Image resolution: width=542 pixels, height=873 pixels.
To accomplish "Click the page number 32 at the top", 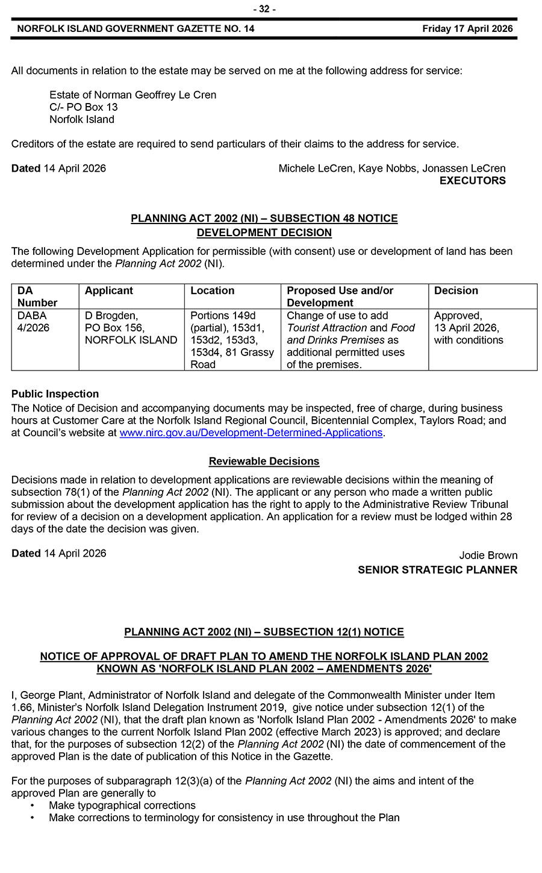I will tap(264, 9).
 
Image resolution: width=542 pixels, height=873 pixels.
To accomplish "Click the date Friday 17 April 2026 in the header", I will tap(467, 28).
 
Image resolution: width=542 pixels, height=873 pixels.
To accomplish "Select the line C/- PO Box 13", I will tap(84, 107).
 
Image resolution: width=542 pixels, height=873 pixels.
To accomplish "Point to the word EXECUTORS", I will tap(472, 181).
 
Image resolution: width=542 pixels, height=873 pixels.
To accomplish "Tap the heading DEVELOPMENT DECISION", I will tap(264, 233).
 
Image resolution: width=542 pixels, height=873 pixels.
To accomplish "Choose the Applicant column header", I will tap(109, 291).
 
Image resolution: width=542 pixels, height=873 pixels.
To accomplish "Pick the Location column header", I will tap(212, 291).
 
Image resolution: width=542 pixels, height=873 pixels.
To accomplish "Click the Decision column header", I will tap(456, 291).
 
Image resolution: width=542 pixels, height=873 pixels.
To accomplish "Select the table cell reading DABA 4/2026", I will tap(34, 322).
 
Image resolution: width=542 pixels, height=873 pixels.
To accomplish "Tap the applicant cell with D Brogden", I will tap(131, 328).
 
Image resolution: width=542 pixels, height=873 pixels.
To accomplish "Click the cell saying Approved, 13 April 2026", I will tap(468, 328).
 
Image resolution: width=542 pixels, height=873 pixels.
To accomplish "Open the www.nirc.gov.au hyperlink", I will tap(251, 433).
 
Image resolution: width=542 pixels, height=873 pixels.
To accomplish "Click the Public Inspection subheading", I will tap(55, 394).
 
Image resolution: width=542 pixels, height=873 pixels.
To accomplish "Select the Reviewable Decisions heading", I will tap(264, 462).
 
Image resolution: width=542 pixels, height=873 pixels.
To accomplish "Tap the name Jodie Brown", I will tap(488, 555).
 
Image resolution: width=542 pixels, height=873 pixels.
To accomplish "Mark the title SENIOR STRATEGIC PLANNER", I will tap(437, 570).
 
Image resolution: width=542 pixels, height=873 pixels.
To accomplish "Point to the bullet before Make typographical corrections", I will tap(33, 806).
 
